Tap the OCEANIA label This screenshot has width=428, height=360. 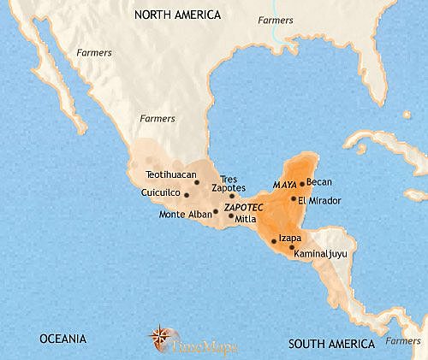[x=61, y=339]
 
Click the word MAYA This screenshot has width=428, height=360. [x=284, y=184]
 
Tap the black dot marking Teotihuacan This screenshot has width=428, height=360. [x=197, y=181]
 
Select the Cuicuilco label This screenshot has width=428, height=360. [x=160, y=193]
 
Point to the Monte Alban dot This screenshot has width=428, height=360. [x=215, y=211]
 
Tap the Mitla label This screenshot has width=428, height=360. [x=246, y=219]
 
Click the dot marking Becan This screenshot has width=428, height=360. [x=301, y=183]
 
